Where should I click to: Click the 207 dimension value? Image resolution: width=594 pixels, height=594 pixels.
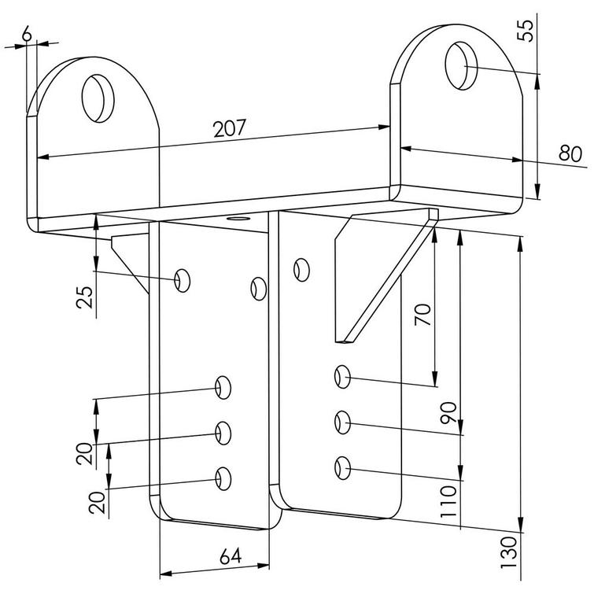coord(231,128)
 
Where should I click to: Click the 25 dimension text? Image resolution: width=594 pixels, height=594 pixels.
coord(87,296)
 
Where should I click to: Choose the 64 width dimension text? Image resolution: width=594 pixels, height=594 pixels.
coord(230,557)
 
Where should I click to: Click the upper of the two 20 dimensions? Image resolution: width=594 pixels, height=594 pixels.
coord(86,454)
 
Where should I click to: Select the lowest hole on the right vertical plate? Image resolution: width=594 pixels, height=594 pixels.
coord(342,469)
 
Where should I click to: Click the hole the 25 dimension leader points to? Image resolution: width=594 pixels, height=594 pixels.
coord(183,279)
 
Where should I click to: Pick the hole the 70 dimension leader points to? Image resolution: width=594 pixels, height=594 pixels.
coord(342,377)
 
